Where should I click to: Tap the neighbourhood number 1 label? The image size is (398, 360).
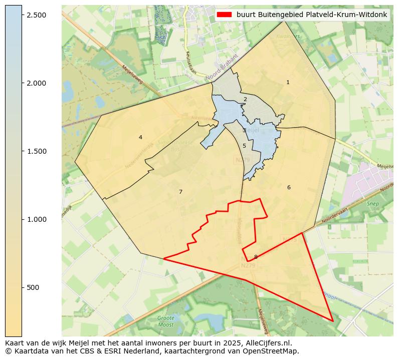288,82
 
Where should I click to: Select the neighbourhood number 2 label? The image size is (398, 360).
245,99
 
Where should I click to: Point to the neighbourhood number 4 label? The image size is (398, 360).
140,137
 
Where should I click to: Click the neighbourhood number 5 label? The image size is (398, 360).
244,146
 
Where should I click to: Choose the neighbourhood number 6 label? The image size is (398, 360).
289,187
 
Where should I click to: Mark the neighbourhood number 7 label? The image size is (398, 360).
180,192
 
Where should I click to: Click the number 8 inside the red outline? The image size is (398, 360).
256,257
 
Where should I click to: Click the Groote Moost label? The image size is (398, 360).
165,321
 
